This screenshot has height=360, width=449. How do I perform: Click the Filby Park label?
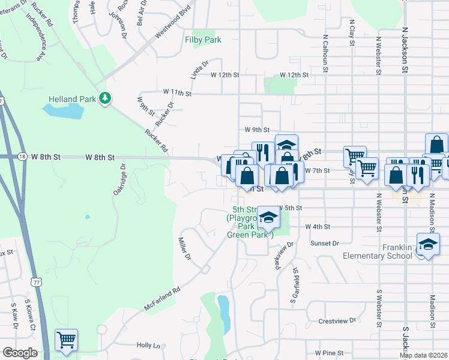pyautogui.click(x=203, y=40)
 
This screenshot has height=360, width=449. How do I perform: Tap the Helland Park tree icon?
pyautogui.click(x=106, y=97)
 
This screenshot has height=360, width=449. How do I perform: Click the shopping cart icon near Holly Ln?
pyautogui.click(x=66, y=340)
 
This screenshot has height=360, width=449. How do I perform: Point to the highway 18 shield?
pyautogui.click(x=22, y=156)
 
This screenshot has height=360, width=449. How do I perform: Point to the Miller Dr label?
pyautogui.click(x=184, y=249)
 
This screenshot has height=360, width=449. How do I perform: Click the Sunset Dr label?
pyautogui.click(x=325, y=243)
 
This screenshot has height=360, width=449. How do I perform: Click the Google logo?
pyautogui.click(x=20, y=353)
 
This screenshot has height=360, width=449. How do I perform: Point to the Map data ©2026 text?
pyautogui.click(x=423, y=355)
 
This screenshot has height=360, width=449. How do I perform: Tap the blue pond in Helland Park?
pyautogui.click(x=63, y=110)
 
